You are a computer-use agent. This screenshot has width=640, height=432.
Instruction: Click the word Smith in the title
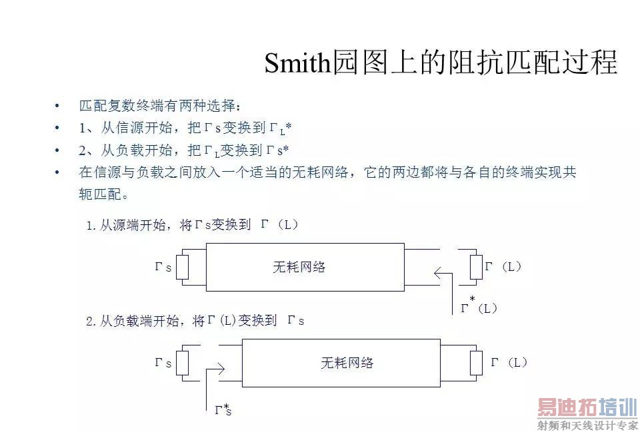297,63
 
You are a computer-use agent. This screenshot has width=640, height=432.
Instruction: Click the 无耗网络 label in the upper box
299,267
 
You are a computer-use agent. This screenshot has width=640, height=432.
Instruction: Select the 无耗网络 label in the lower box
347,362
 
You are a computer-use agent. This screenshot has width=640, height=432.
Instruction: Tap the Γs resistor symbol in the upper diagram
182,268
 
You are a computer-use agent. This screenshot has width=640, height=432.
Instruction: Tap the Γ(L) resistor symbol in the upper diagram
476,267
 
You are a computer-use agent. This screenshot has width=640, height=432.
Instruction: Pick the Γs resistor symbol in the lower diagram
182,363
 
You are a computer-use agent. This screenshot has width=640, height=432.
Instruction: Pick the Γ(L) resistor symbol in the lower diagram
476,363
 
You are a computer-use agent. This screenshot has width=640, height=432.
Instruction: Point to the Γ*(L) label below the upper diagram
479,306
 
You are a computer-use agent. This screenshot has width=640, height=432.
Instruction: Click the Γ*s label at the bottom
223,409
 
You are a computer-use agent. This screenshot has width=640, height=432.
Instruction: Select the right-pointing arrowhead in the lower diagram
221,369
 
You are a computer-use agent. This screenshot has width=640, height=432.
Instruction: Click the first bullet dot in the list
57,107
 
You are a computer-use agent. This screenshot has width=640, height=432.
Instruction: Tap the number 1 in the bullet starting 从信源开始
82,128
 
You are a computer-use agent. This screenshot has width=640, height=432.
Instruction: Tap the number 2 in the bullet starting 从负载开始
83,150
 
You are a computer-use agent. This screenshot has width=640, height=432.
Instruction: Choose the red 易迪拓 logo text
567,407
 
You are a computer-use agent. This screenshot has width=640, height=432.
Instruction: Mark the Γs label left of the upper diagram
163,267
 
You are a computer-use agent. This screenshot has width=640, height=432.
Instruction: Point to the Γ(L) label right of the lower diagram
509,362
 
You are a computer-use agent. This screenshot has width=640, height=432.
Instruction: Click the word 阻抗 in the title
477,63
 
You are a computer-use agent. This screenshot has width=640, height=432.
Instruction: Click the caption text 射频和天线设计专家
588,425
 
